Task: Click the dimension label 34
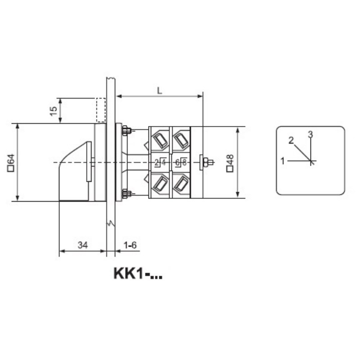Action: (83, 245)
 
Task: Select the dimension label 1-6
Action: (130, 245)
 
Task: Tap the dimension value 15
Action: (53, 111)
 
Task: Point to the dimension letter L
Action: (160, 91)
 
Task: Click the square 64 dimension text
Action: (11, 163)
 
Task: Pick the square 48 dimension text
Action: (230, 163)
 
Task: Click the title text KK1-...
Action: (138, 274)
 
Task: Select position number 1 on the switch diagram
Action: (283, 161)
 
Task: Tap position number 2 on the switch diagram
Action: (291, 140)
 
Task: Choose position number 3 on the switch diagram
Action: (310, 134)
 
